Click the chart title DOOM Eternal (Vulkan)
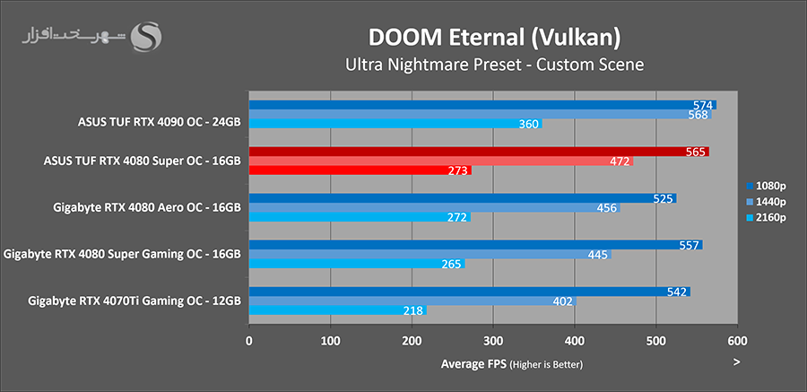pos(494,38)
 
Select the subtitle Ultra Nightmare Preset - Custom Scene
pos(494,65)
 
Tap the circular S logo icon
pos(146,37)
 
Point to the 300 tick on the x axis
pos(493,342)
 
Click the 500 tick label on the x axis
pos(656,342)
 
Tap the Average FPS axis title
pos(512,364)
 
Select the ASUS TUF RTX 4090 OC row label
pos(160,115)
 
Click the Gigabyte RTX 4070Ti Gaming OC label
pos(134,301)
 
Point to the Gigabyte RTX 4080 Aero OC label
pos(148,207)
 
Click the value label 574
pos(703,105)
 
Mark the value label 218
pos(414,310)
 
